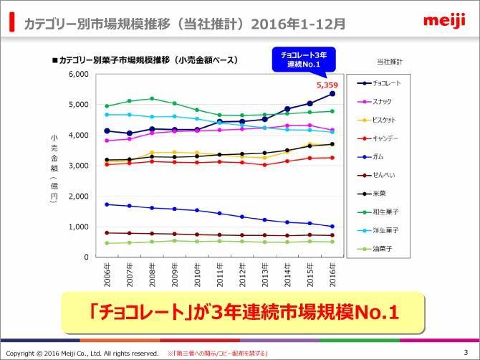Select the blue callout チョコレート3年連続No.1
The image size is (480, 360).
(x=304, y=60)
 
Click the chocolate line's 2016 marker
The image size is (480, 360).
(x=332, y=93)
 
